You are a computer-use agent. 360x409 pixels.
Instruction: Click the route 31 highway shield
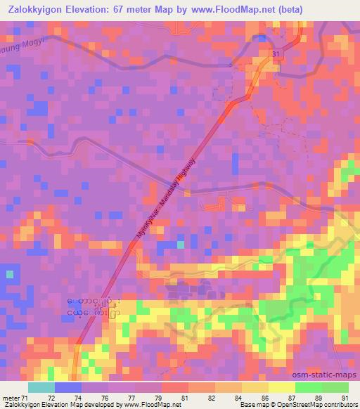pyautogui.click(x=278, y=53)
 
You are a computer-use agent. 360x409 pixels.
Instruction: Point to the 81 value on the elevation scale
pyautogui.click(x=184, y=398)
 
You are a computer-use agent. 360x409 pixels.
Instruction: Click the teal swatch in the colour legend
pyautogui.click(x=41, y=387)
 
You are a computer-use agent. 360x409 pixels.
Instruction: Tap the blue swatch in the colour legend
pyautogui.click(x=68, y=387)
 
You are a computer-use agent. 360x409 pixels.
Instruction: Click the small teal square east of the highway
pyautogui.click(x=182, y=244)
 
